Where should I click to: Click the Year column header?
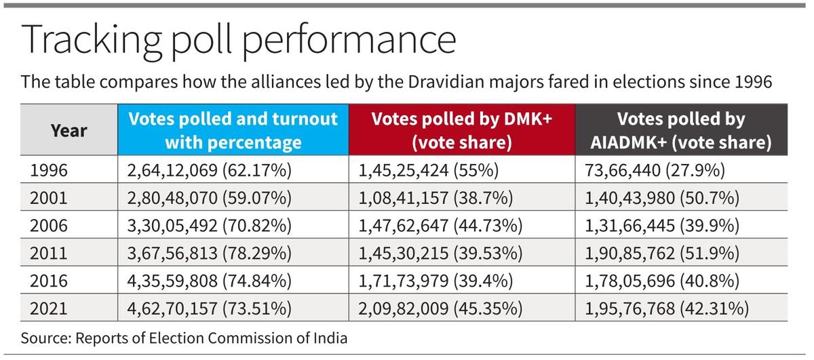(69, 130)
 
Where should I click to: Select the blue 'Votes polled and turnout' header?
(233, 130)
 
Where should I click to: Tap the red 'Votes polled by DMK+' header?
(462, 130)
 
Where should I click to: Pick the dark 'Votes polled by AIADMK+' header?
(680, 130)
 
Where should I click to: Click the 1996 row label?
(49, 170)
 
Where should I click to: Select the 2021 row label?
(49, 308)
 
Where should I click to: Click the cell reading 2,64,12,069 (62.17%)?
(210, 170)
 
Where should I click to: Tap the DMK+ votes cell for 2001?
(435, 198)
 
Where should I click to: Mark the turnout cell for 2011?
(210, 253)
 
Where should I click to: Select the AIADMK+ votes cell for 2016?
(661, 281)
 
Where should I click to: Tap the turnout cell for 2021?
(210, 308)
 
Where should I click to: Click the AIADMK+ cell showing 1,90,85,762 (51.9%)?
(661, 253)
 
